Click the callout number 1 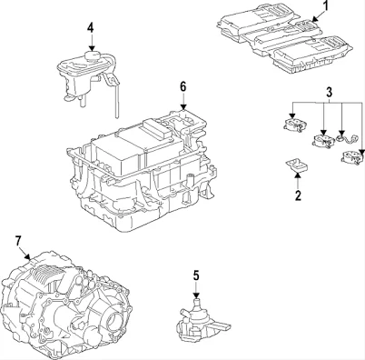[325, 5]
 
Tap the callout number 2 [298, 195]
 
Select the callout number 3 [330, 92]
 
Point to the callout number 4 [91, 27]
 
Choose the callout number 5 [196, 275]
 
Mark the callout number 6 [183, 87]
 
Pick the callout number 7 [18, 241]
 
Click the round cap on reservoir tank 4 [92, 55]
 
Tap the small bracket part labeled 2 [297, 165]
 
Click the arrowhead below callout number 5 [196, 295]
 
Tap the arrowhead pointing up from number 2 [298, 175]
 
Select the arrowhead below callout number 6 [183, 106]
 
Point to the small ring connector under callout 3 [341, 138]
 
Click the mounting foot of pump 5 [220, 327]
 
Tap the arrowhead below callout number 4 [92, 47]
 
